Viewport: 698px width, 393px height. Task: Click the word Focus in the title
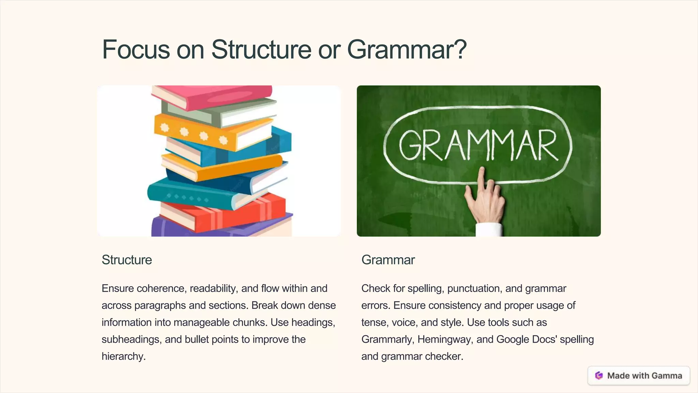[136, 50]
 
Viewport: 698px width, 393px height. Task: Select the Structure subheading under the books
[127, 260]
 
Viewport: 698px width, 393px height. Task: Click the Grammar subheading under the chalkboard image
[388, 260]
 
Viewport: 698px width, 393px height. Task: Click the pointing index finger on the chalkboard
[481, 177]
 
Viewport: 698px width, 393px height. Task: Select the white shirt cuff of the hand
[489, 230]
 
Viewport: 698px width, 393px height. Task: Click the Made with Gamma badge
[639, 376]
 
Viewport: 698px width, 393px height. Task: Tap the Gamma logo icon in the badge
[599, 376]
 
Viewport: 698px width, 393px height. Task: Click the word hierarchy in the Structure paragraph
[123, 356]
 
